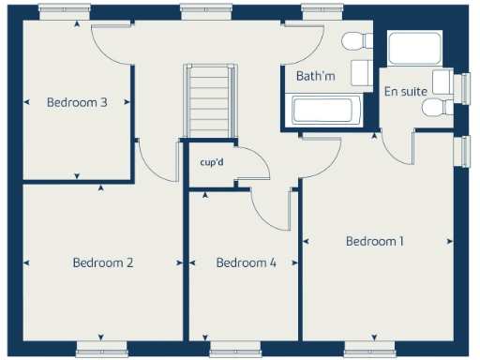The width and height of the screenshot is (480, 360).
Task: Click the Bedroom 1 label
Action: coord(375,241)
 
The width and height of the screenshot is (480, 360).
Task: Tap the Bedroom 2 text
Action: coord(103,262)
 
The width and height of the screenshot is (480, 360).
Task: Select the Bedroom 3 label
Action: coord(77,102)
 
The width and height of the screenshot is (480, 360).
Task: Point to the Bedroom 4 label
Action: coord(246,262)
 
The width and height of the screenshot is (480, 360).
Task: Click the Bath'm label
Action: coord(316,75)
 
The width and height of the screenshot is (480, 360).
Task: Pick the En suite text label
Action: coord(405,91)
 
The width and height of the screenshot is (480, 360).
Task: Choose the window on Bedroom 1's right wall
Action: coord(466,152)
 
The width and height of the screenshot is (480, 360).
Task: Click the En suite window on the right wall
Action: coord(466,87)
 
